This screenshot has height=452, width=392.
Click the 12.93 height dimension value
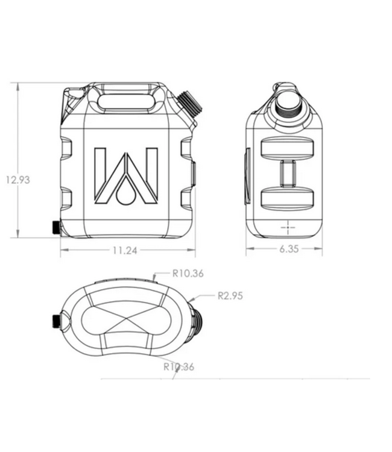pyautogui.click(x=17, y=180)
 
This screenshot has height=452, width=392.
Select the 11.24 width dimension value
pyautogui.click(x=124, y=250)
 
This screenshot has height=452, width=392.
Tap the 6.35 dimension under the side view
pyautogui.click(x=289, y=250)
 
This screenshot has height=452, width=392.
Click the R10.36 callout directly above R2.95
pyautogui.click(x=188, y=273)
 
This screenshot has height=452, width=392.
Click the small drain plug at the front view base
pyautogui.click(x=55, y=227)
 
